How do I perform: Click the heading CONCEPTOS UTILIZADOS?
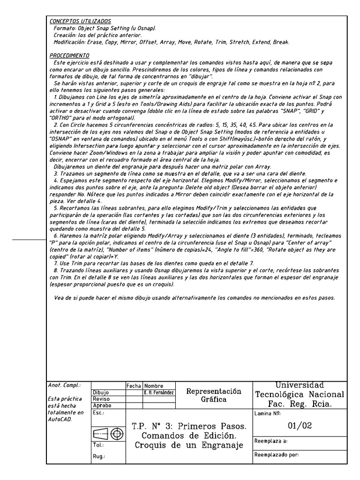click(x=80, y=21)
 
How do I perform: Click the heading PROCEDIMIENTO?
click(x=69, y=55)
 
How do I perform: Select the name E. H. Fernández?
click(x=159, y=392)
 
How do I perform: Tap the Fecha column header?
click(x=134, y=385)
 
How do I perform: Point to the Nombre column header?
click(x=153, y=385)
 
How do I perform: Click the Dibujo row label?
click(x=101, y=392)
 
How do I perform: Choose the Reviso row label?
click(x=101, y=399)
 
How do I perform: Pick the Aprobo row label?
click(x=103, y=405)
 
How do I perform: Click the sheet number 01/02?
click(x=299, y=426)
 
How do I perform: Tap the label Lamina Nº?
click(x=267, y=413)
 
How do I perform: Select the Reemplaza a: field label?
click(x=271, y=441)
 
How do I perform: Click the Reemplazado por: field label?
click(x=277, y=455)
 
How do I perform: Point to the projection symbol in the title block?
click(x=108, y=434)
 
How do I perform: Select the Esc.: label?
click(x=98, y=412)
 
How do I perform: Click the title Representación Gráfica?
click(x=213, y=395)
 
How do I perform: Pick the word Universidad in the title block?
click(x=299, y=385)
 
